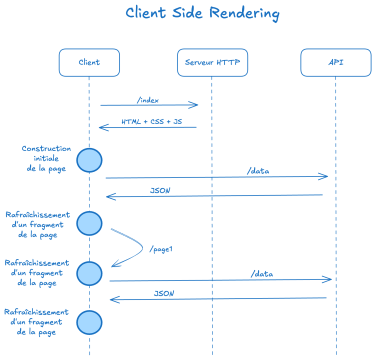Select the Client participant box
pyautogui.click(x=89, y=62)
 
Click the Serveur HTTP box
pyautogui.click(x=212, y=62)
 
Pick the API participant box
pyautogui.click(x=335, y=62)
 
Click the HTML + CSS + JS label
pyautogui.click(x=151, y=121)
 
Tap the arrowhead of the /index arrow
pyautogui.click(x=195, y=105)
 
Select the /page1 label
pyautogui.click(x=162, y=248)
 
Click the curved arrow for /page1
pyautogui.click(x=130, y=245)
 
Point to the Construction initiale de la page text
pyautogui.click(x=46, y=159)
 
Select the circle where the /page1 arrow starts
pyautogui.click(x=90, y=223)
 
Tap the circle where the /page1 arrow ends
pyautogui.click(x=90, y=273)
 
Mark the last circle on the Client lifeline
pyautogui.click(x=90, y=321)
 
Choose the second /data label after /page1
pyautogui.click(x=262, y=273)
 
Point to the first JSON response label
pyautogui.click(x=159, y=190)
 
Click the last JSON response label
pyautogui.click(x=165, y=293)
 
